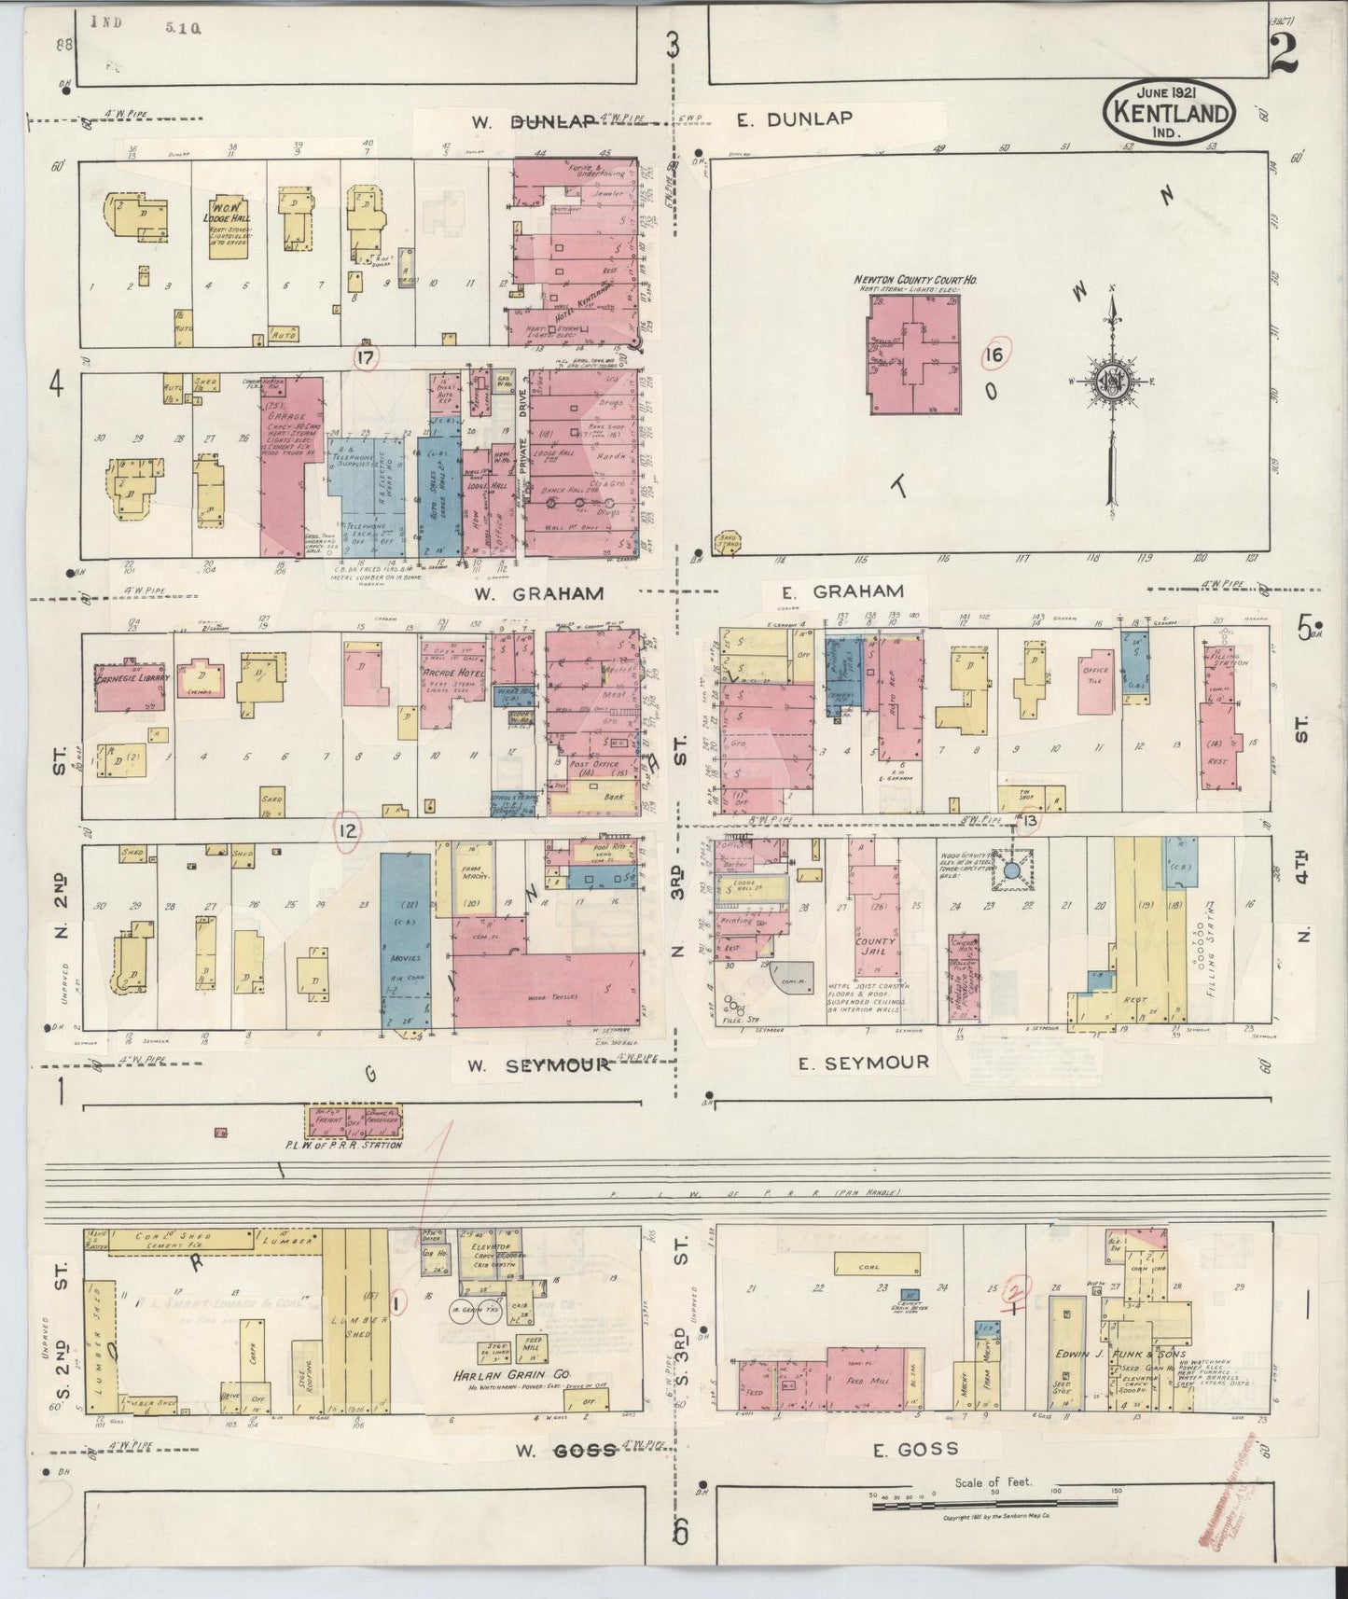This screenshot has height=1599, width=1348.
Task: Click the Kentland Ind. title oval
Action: point(1171,112)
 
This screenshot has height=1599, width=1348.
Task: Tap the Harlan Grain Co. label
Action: point(510,1376)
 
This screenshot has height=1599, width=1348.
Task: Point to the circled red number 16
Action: point(995,355)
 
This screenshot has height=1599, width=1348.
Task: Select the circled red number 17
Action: point(365,356)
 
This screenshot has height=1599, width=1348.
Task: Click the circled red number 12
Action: point(347,830)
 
